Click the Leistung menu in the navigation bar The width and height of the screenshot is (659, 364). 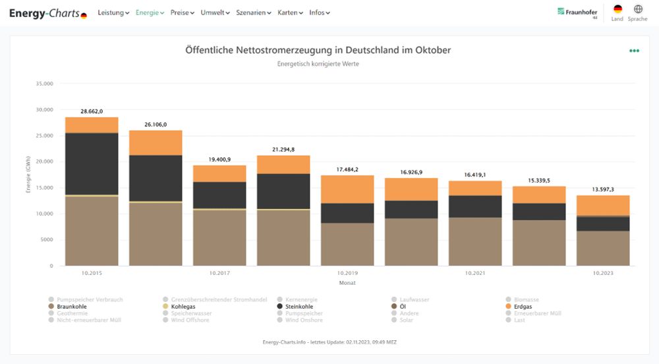[113, 13]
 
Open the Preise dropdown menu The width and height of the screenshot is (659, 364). [182, 13]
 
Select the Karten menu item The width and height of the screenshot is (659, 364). [290, 13]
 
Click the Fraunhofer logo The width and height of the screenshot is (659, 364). [577, 12]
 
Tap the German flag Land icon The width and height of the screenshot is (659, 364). [617, 10]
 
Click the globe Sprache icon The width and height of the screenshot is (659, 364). [638, 10]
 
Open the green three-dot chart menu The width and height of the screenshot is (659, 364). [634, 51]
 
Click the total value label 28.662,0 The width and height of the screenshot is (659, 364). [92, 111]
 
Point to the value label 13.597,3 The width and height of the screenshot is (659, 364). [602, 189]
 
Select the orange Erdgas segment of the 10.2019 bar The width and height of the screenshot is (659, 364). [347, 189]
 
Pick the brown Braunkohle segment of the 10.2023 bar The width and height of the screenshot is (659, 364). [602, 249]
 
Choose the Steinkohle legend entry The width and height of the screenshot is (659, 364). [299, 307]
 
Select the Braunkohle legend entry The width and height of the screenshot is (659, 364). [72, 307]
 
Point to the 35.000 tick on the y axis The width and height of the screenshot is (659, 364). [44, 84]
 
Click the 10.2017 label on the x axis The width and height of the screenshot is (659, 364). [219, 272]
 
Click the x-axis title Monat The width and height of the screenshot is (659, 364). [347, 282]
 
